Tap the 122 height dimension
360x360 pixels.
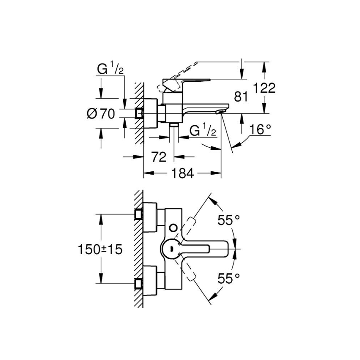265,88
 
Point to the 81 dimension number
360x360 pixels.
240,97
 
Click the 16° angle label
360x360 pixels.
260,129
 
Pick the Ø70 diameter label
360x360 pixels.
101,113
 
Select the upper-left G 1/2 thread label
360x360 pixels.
110,69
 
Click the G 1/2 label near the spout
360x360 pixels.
203,131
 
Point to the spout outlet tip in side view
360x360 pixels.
221,112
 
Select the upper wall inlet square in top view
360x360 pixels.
139,214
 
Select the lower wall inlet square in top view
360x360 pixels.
139,284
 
